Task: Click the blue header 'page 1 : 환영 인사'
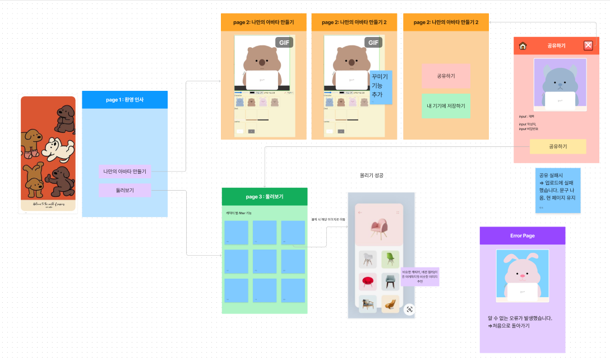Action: (x=124, y=99)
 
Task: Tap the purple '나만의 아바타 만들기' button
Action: (x=124, y=172)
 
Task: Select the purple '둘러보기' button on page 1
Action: (x=124, y=191)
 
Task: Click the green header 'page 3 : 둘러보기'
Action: (x=265, y=197)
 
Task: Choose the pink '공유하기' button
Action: (x=446, y=76)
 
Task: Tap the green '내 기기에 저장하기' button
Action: (x=446, y=106)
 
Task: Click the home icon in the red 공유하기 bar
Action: (x=523, y=46)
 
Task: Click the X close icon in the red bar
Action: (x=588, y=46)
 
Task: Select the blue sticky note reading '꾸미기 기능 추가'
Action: (x=381, y=87)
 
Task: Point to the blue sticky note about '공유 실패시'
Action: (x=557, y=190)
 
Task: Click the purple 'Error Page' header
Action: (x=522, y=236)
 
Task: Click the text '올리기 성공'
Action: (x=372, y=176)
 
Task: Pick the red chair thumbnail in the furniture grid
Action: (x=368, y=281)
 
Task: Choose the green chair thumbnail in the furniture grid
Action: (x=390, y=260)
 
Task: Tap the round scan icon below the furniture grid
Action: (x=409, y=309)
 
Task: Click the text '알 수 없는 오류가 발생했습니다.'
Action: (x=520, y=318)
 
